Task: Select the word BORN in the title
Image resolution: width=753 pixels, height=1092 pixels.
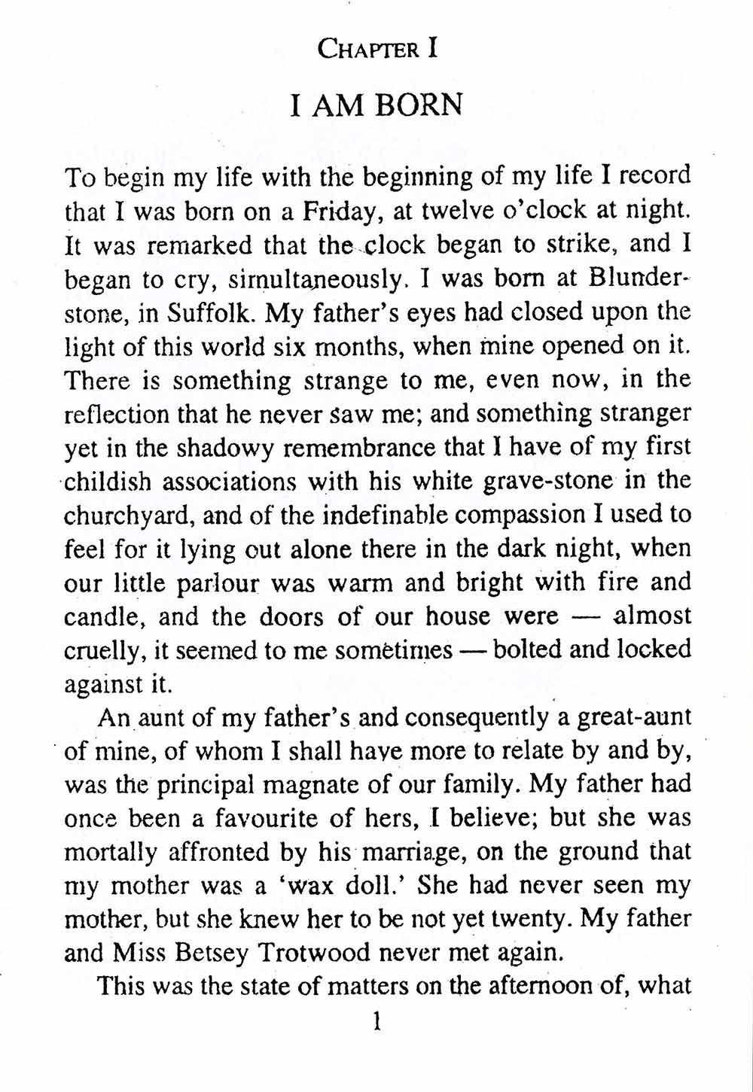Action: (419, 106)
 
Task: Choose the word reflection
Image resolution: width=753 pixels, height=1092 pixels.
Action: (117, 415)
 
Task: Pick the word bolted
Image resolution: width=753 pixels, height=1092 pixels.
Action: (526, 649)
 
